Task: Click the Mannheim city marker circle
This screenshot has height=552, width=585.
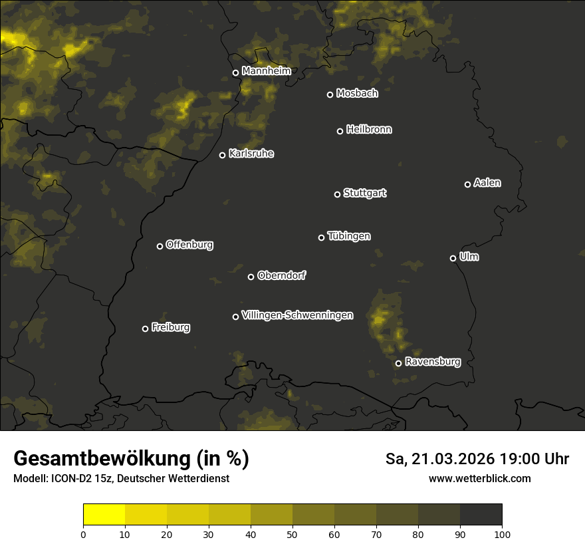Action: click(235, 73)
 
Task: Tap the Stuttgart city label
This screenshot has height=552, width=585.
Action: click(364, 193)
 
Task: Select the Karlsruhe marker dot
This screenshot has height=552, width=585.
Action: click(223, 156)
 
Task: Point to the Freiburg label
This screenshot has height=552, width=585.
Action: click(170, 327)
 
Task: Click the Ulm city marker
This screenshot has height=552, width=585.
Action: click(453, 259)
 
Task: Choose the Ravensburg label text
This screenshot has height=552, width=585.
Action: click(432, 362)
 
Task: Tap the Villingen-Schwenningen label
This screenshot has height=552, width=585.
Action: click(297, 315)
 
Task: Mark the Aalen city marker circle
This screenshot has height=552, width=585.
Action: click(468, 185)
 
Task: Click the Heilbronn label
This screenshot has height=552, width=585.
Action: click(369, 130)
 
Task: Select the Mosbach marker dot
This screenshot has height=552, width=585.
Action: click(330, 95)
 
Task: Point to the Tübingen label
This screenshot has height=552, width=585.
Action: click(349, 236)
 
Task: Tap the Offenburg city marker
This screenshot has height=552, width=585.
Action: click(160, 247)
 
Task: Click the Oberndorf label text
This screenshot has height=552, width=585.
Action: click(281, 275)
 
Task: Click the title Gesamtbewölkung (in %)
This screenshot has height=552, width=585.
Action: click(131, 459)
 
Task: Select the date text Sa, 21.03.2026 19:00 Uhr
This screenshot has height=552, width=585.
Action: click(477, 459)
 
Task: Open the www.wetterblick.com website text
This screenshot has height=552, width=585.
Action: click(479, 478)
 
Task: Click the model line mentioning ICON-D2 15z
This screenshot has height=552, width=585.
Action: click(121, 478)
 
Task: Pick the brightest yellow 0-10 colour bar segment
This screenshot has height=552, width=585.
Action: click(104, 515)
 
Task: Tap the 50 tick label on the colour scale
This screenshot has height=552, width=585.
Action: click(292, 534)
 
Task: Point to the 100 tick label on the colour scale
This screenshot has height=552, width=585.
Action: click(502, 534)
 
